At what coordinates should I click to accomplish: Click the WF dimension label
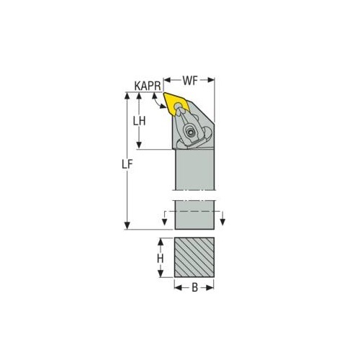[190, 81]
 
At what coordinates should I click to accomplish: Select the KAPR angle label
[148, 86]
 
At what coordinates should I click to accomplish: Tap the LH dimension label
[140, 121]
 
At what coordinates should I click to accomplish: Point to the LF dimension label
[127, 165]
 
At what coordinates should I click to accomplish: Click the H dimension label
[160, 258]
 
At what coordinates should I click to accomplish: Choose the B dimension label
[194, 287]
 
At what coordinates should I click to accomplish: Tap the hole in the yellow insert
[178, 106]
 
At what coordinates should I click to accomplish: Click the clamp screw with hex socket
[191, 132]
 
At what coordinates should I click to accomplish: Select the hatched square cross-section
[194, 257]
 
